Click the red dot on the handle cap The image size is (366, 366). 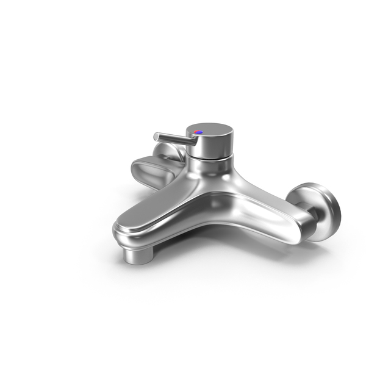pyautogui.click(x=196, y=131)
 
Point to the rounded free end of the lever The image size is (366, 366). pyautogui.click(x=156, y=135)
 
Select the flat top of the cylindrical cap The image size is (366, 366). pyautogui.click(x=210, y=129)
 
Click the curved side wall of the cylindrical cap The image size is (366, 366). pyautogui.click(x=213, y=146)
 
